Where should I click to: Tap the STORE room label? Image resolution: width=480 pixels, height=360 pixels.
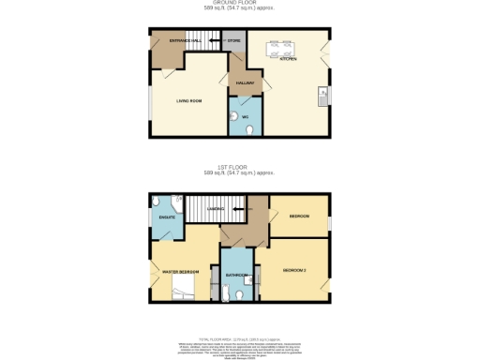point(233,42)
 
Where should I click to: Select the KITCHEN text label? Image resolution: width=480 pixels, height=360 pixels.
point(287,59)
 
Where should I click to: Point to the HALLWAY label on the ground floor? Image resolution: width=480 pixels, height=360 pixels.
point(245,82)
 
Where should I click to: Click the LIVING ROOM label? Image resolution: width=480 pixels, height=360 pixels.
point(189,100)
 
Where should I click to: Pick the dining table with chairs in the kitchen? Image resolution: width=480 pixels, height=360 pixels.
point(281,47)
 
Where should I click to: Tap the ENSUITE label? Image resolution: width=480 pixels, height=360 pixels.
point(167,218)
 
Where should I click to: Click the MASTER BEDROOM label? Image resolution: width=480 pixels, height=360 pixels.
point(180,272)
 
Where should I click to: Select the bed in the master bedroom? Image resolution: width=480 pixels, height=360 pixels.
point(186,285)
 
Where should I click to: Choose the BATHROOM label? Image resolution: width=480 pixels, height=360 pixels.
point(235,275)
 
